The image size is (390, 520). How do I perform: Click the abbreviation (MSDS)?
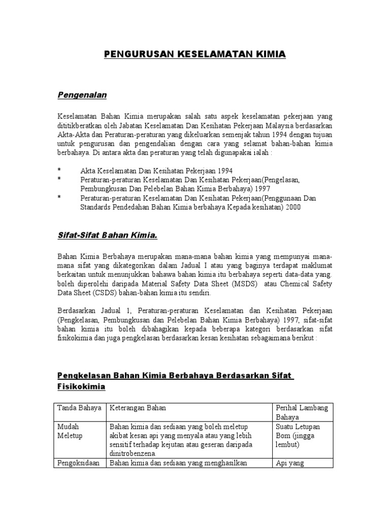pos(245,283)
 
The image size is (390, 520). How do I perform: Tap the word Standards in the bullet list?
pos(95,207)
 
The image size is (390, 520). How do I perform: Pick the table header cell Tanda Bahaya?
pos(79,408)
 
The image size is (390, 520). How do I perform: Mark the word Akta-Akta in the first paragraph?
pos(73,136)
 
